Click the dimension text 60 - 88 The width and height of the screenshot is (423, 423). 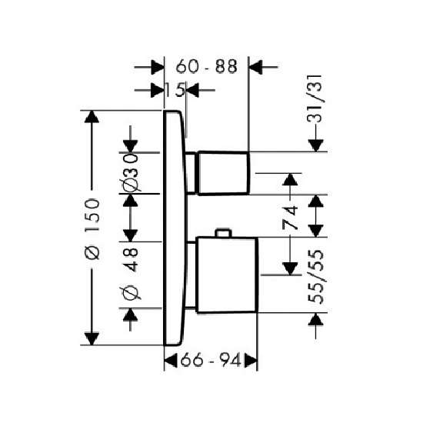point(206,66)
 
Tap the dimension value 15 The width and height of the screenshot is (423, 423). point(175,90)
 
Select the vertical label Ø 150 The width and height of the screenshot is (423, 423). point(92,229)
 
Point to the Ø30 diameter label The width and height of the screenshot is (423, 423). point(130,172)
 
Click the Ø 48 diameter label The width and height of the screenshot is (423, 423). point(130,274)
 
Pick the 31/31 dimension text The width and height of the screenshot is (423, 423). point(315,98)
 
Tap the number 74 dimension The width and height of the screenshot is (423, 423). point(290,217)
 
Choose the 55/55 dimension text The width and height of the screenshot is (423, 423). point(315,277)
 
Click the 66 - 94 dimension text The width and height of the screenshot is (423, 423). point(211,360)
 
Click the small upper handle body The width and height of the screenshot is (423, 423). point(223,173)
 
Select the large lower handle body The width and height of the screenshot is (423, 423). point(227,275)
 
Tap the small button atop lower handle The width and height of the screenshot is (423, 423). point(223,233)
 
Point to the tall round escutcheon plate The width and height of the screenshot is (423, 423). point(175,228)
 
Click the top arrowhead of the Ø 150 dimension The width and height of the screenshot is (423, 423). point(92,117)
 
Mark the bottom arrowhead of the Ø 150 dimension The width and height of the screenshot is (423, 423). point(92,338)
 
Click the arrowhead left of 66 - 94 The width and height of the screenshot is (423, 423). point(171,361)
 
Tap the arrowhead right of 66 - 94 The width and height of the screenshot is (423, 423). point(251,361)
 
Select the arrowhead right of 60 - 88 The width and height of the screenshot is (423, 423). point(255,67)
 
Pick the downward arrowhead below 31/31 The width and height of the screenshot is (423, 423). point(315,145)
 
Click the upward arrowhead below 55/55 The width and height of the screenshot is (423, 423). point(315,319)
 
